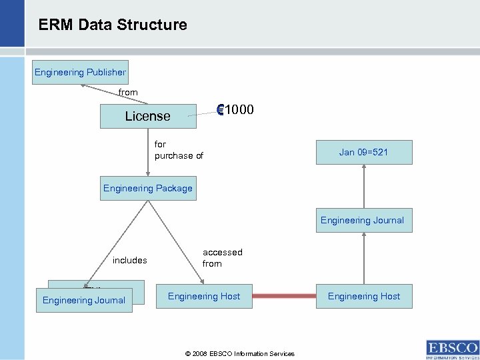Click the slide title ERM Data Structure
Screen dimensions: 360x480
(x=113, y=25)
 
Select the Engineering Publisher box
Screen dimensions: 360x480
(x=80, y=72)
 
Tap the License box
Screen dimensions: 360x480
(x=148, y=116)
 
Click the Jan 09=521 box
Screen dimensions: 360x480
(x=363, y=152)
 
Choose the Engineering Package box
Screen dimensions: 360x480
(x=148, y=188)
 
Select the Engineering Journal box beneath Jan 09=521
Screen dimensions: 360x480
(x=362, y=220)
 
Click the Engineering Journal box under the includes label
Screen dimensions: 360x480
(x=84, y=300)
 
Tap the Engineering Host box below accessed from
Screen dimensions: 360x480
(x=204, y=295)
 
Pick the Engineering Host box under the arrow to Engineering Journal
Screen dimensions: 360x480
(x=364, y=296)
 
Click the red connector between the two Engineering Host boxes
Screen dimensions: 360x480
(x=283, y=296)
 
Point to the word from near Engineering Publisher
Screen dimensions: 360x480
(x=128, y=93)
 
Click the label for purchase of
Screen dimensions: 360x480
(x=178, y=150)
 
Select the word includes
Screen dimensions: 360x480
(x=129, y=260)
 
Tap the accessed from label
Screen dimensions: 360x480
(x=222, y=257)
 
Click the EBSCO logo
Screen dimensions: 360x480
(x=451, y=348)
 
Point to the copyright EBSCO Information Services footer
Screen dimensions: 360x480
(x=240, y=353)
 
